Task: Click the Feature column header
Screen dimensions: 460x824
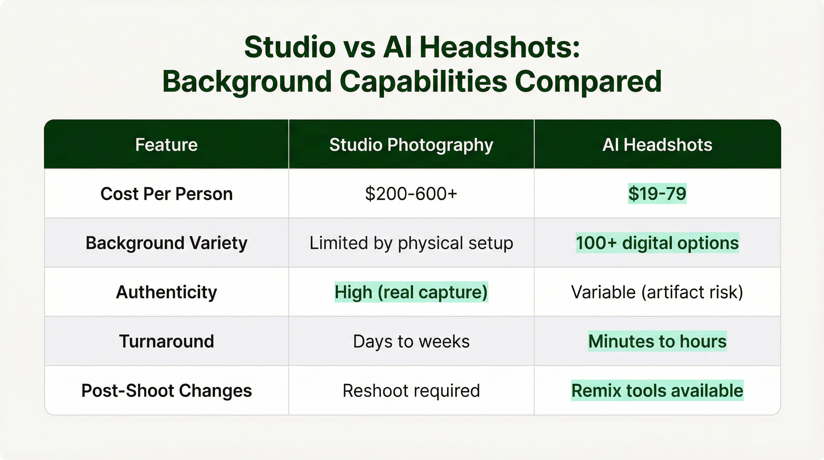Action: click(x=166, y=145)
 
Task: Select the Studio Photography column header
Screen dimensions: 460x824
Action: click(x=411, y=145)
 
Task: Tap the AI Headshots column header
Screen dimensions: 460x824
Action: click(x=657, y=145)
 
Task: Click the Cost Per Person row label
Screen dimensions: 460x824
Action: click(x=166, y=194)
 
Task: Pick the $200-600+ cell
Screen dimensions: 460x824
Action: click(x=411, y=194)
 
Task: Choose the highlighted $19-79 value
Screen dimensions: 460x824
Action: click(x=657, y=194)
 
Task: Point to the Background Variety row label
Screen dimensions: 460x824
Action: click(x=166, y=243)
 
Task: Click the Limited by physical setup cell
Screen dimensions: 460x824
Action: click(x=411, y=243)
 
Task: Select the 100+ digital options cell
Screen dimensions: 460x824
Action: click(x=657, y=243)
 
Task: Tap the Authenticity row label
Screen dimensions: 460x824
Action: click(x=166, y=292)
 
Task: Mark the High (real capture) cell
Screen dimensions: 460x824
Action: click(x=411, y=292)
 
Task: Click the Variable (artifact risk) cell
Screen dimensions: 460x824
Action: click(x=657, y=292)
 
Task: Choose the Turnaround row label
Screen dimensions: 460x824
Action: click(x=166, y=341)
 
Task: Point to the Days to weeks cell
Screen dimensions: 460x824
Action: click(x=411, y=341)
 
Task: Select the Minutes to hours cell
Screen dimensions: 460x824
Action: click(x=657, y=341)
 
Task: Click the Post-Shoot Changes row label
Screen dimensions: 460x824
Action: click(x=166, y=391)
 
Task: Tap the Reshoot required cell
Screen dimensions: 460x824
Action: click(x=411, y=391)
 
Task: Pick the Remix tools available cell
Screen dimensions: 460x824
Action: click(x=657, y=391)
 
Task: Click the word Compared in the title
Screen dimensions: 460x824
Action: click(x=588, y=81)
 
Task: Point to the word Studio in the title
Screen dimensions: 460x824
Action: click(x=290, y=47)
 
